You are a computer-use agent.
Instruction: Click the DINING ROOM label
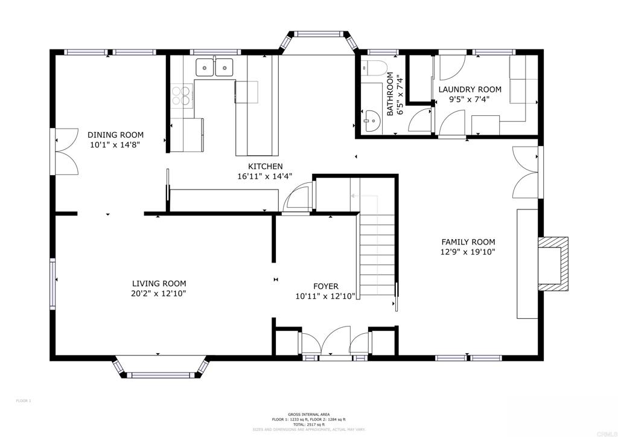coord(115,135)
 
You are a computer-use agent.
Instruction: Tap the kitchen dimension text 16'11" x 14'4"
coord(265,177)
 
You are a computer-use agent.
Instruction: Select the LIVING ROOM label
coord(159,283)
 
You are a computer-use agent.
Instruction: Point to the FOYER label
coord(325,286)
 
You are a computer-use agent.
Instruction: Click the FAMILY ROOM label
coord(468,242)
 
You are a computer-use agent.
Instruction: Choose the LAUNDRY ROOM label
coord(470,89)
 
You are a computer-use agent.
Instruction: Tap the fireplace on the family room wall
coord(554,264)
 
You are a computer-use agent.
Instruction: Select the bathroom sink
coord(371,121)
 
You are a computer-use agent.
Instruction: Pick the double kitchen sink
coord(214,68)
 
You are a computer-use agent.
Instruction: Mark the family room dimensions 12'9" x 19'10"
coord(468,252)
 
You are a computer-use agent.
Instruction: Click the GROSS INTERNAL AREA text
coord(308,415)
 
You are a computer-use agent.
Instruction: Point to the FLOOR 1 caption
coord(23,401)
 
